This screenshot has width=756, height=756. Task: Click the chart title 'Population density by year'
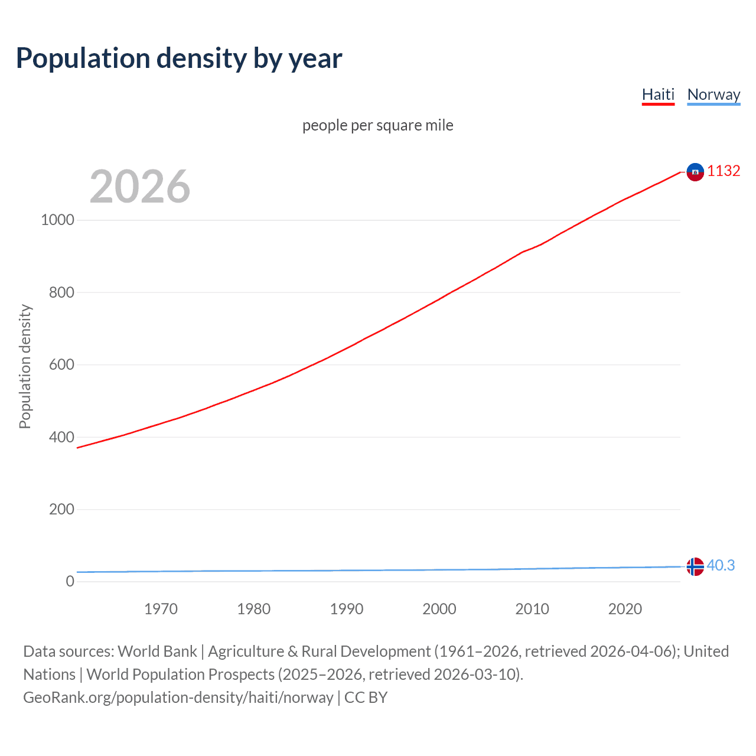point(179,58)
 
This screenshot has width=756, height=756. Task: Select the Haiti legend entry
point(658,94)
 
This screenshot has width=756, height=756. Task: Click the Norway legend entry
point(713,94)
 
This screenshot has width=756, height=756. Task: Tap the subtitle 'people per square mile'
point(377,125)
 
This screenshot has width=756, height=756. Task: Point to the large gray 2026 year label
point(140,187)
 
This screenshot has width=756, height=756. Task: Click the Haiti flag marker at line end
point(695,172)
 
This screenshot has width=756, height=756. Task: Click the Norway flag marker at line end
point(695,566)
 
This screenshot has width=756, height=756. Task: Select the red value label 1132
point(724,171)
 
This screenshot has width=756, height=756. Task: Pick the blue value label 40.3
point(721,566)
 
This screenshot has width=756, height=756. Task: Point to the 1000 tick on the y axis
point(57,220)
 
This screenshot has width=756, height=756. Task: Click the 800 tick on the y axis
point(61,292)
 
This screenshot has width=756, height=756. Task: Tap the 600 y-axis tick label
point(61,365)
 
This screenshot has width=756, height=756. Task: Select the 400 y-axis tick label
point(61,437)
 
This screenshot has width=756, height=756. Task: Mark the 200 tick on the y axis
point(61,509)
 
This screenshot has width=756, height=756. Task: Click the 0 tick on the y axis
point(70,582)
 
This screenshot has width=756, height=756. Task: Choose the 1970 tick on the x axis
point(161,609)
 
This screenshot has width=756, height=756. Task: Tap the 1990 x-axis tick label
point(347,609)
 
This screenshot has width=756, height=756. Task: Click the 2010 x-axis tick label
point(532,609)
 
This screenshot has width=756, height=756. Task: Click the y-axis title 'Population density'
point(25,366)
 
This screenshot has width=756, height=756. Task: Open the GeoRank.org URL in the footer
point(178,698)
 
